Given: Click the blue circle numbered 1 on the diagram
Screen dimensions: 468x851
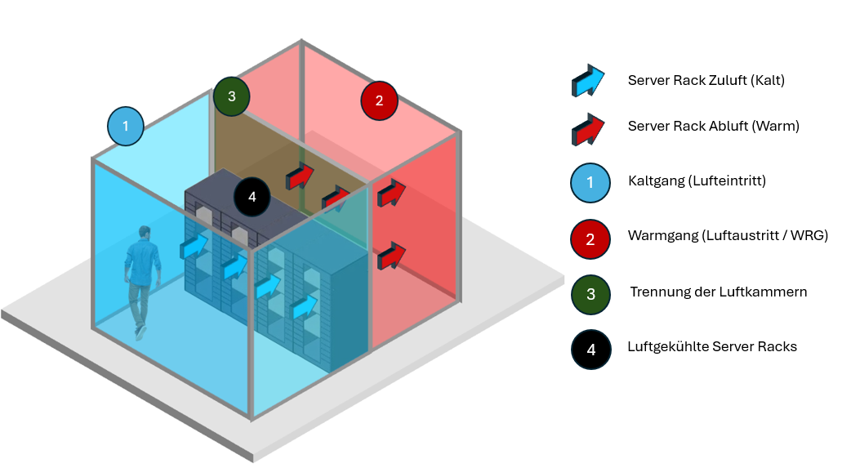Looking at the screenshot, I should [125, 127].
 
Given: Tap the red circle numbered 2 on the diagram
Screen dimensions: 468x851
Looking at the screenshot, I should [378, 101].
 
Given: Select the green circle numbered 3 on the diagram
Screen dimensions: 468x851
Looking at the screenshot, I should [232, 96].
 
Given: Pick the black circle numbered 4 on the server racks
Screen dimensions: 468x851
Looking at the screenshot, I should [252, 197].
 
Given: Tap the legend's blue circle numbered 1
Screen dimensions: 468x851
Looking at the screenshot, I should [590, 182].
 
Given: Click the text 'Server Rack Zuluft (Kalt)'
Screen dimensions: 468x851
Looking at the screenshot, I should [706, 80].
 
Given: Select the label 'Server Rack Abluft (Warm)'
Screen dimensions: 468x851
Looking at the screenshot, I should [713, 127].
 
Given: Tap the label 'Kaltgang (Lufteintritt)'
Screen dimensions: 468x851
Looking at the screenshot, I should [697, 181].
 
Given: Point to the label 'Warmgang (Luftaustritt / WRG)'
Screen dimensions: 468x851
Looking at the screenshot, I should [728, 236].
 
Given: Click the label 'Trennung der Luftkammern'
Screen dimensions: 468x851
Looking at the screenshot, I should [718, 292].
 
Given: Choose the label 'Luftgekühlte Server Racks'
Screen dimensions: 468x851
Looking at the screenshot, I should [712, 346].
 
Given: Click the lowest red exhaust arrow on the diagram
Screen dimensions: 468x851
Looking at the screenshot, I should [392, 256].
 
